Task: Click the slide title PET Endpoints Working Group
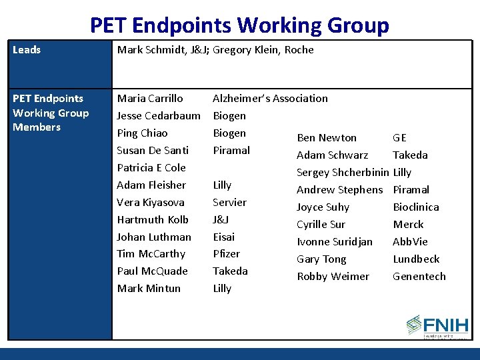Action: point(239,25)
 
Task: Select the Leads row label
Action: point(27,50)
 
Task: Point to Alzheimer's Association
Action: point(270,99)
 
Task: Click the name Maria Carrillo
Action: point(150,99)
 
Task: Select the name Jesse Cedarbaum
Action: point(159,116)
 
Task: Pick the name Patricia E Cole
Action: point(151,168)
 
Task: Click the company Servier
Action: point(229,203)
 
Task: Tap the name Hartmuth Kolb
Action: point(153,220)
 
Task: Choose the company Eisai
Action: point(224,237)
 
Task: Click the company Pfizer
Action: point(226,254)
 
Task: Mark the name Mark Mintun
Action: point(149,289)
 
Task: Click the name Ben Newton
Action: point(327,138)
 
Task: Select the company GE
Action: point(399,138)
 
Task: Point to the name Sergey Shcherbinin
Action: point(343,173)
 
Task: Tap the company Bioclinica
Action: point(416,207)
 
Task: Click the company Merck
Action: point(408,225)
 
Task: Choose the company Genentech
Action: point(419,277)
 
